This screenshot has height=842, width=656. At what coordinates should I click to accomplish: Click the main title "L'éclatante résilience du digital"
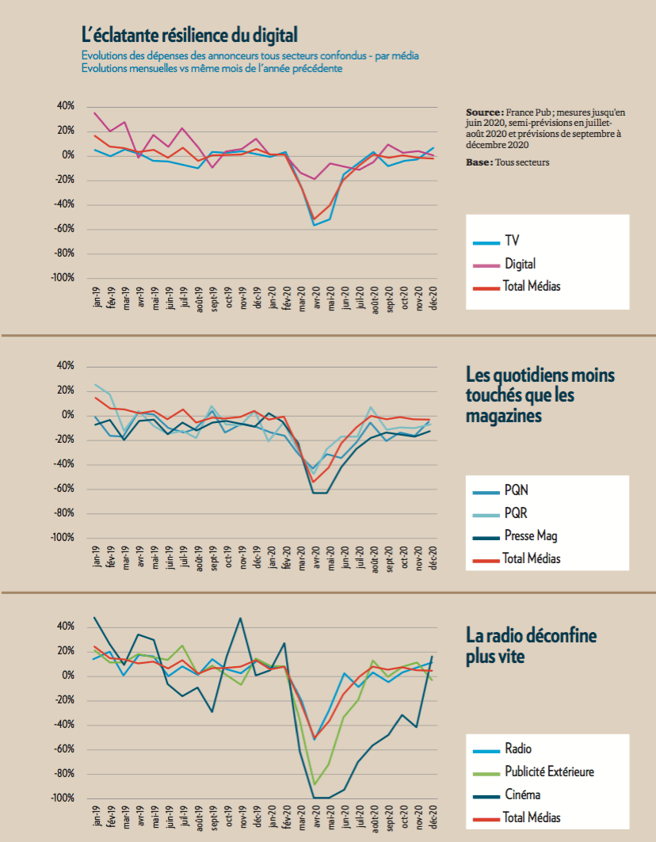click(189, 35)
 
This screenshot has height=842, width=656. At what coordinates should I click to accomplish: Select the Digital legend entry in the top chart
click(504, 264)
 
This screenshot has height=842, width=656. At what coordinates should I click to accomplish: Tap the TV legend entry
click(496, 241)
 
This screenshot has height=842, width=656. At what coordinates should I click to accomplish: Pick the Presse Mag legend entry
click(515, 536)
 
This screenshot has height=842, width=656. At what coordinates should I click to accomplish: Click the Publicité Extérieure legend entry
click(533, 772)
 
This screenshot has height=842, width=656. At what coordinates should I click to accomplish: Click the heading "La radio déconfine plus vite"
click(531, 646)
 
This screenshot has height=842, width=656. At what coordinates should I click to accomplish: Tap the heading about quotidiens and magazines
click(540, 394)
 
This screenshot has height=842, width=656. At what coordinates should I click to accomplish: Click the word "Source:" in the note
click(485, 112)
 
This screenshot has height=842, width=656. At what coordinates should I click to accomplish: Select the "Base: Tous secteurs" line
click(508, 162)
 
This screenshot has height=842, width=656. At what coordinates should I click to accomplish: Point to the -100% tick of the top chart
click(63, 277)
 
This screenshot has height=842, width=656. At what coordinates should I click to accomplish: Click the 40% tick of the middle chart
click(66, 366)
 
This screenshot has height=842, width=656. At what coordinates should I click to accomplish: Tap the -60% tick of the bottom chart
click(63, 749)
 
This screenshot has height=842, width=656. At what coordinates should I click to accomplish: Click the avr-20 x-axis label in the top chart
click(316, 298)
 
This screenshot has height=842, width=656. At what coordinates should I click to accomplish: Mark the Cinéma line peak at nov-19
click(240, 618)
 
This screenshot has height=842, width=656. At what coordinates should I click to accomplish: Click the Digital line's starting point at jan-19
click(94, 112)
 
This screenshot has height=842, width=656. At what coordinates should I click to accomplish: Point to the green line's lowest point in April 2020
click(315, 784)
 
